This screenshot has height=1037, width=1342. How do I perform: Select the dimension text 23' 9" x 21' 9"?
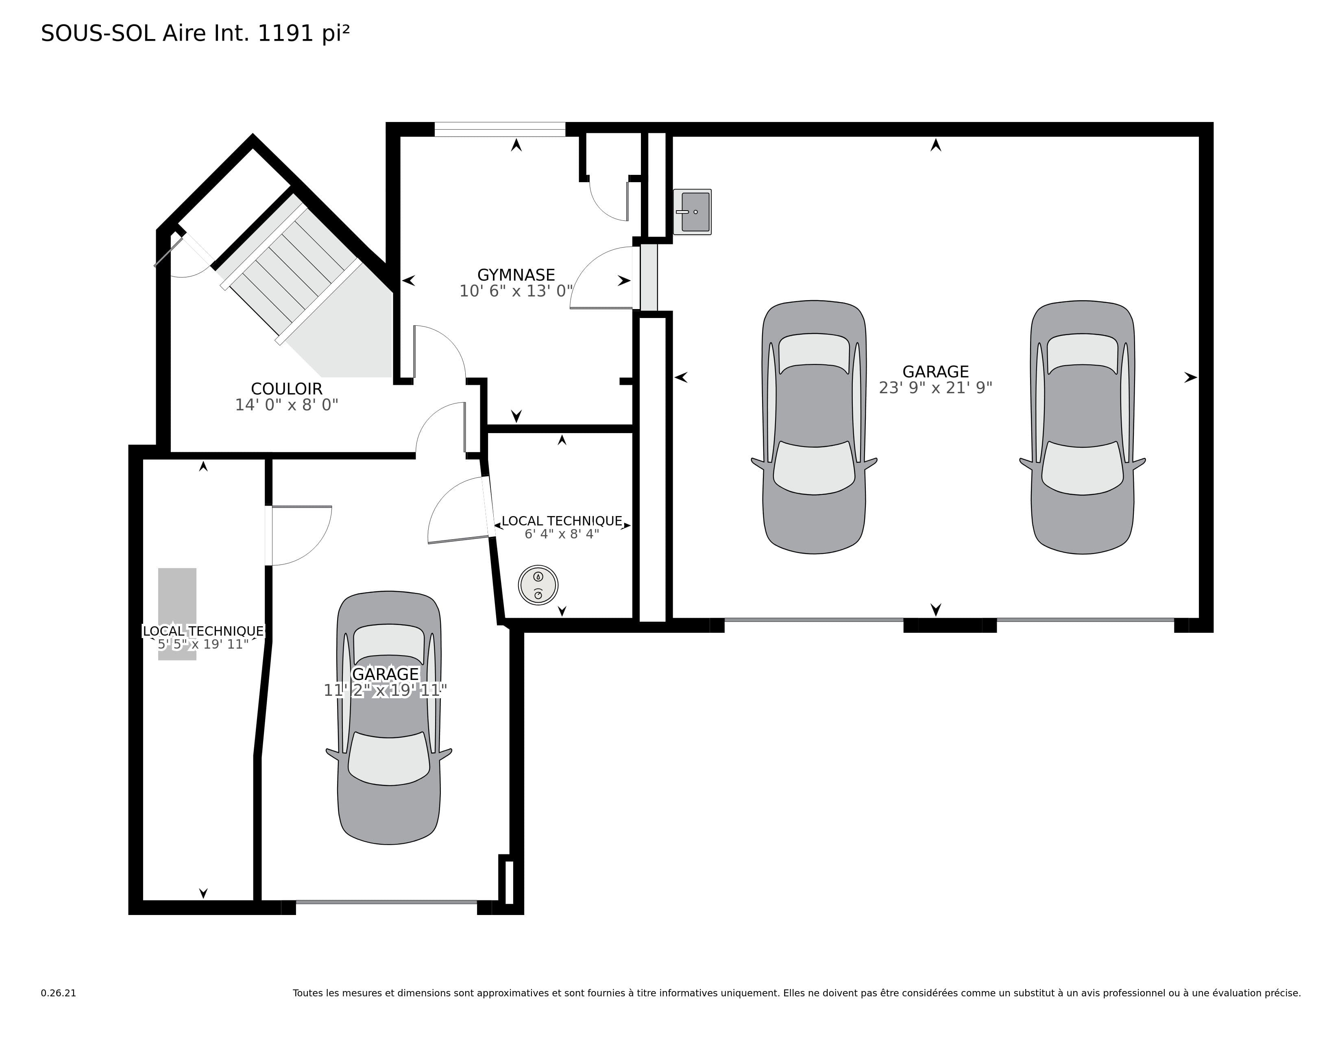click(x=935, y=388)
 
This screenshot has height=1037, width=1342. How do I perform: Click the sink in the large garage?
click(x=693, y=212)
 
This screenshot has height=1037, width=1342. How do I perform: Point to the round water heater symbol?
click(x=538, y=585)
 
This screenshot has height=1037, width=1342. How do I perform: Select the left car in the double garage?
click(x=814, y=427)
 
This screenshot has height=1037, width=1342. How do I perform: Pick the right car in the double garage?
click(x=1082, y=427)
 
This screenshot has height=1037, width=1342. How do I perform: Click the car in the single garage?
click(x=389, y=717)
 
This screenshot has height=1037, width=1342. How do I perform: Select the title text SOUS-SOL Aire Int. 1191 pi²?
click(x=195, y=33)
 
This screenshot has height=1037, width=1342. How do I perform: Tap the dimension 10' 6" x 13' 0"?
click(x=516, y=291)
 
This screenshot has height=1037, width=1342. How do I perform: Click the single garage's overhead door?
click(x=386, y=902)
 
